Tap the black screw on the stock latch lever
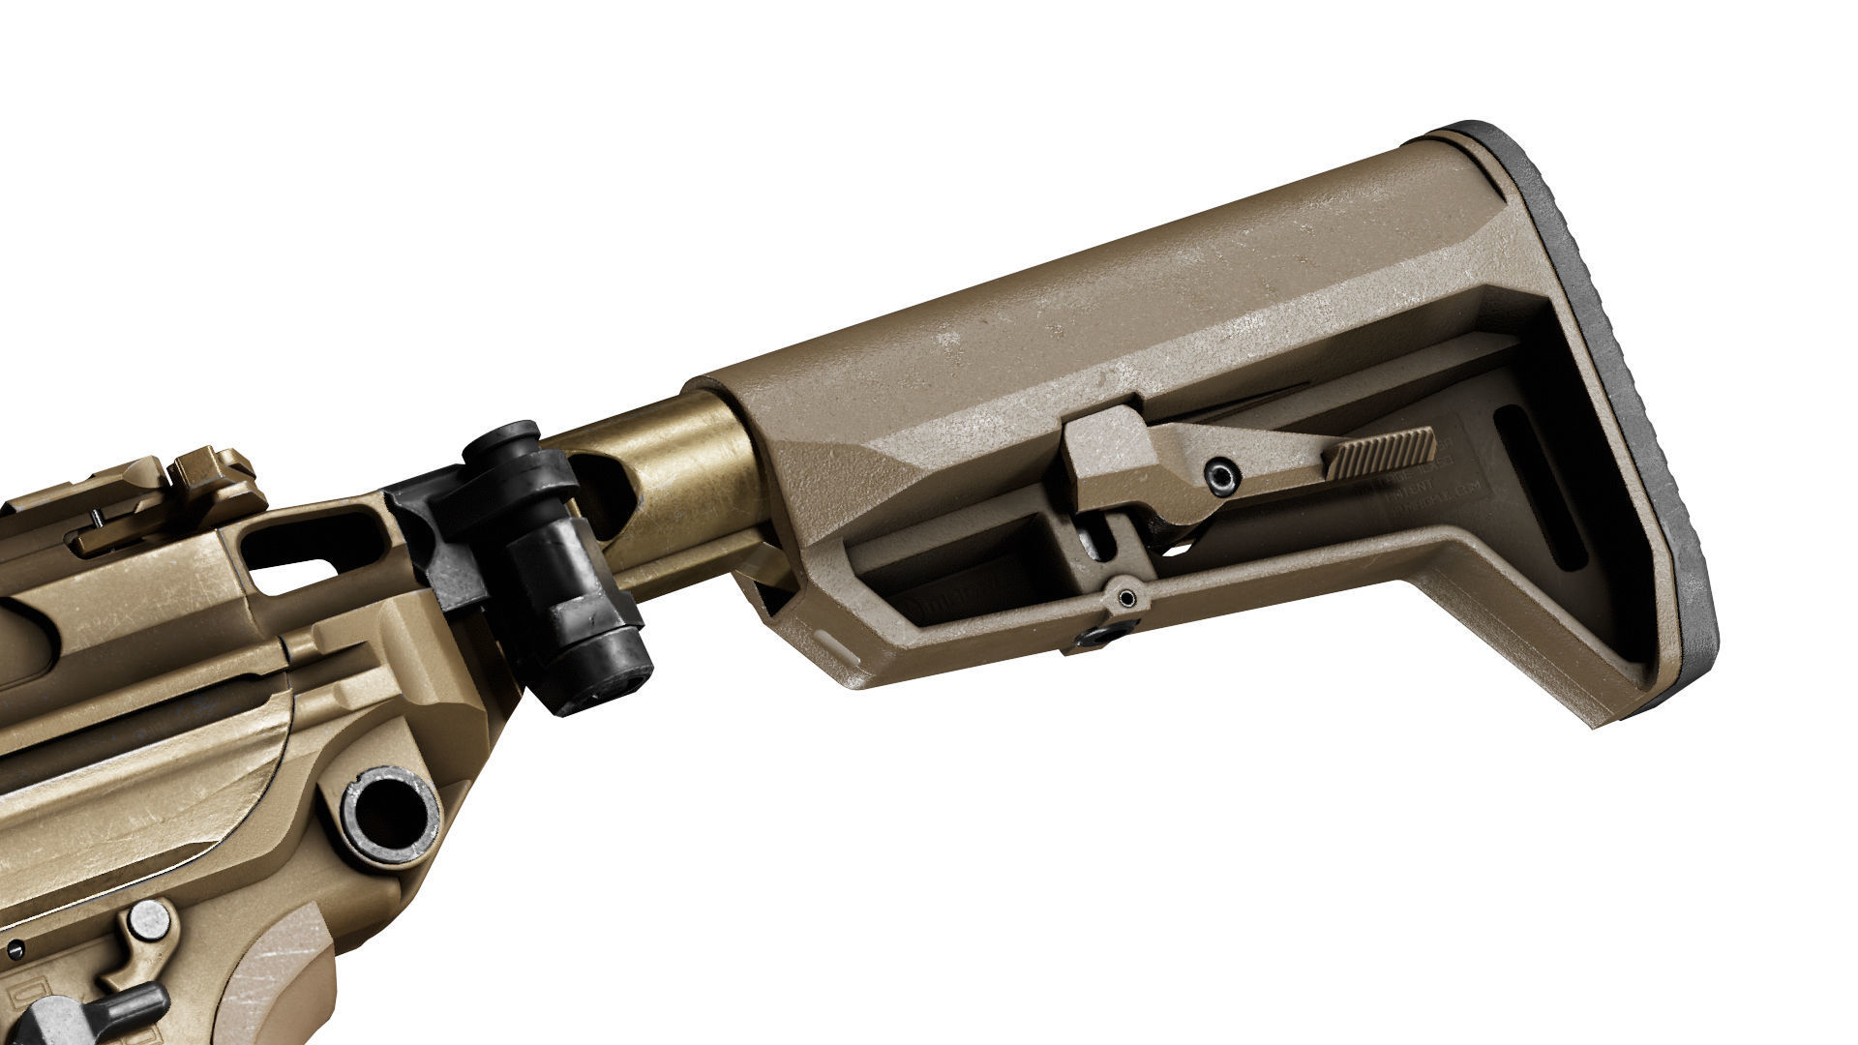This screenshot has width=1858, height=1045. coord(1221,475)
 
